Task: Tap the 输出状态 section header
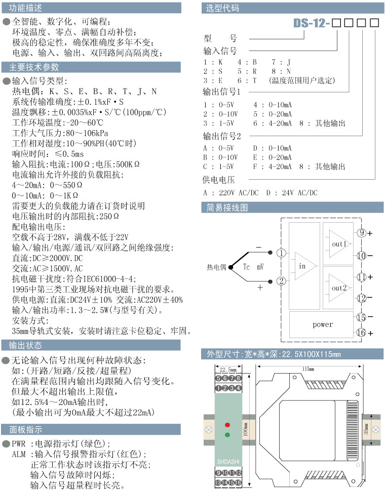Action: pos(26,345)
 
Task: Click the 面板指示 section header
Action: pos(26,429)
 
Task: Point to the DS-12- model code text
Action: pos(312,23)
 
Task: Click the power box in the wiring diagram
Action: pos(323,324)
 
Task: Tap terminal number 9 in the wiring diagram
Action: pos(361,233)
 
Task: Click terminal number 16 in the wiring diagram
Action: pos(361,333)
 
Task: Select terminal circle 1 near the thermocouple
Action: pos(282,253)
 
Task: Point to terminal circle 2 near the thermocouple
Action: pos(282,280)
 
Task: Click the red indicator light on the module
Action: pos(227,424)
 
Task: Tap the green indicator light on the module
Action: pos(227,434)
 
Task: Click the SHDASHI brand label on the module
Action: pos(227,462)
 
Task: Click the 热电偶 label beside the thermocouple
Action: pos(216,267)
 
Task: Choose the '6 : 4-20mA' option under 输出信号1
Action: pos(273,123)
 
